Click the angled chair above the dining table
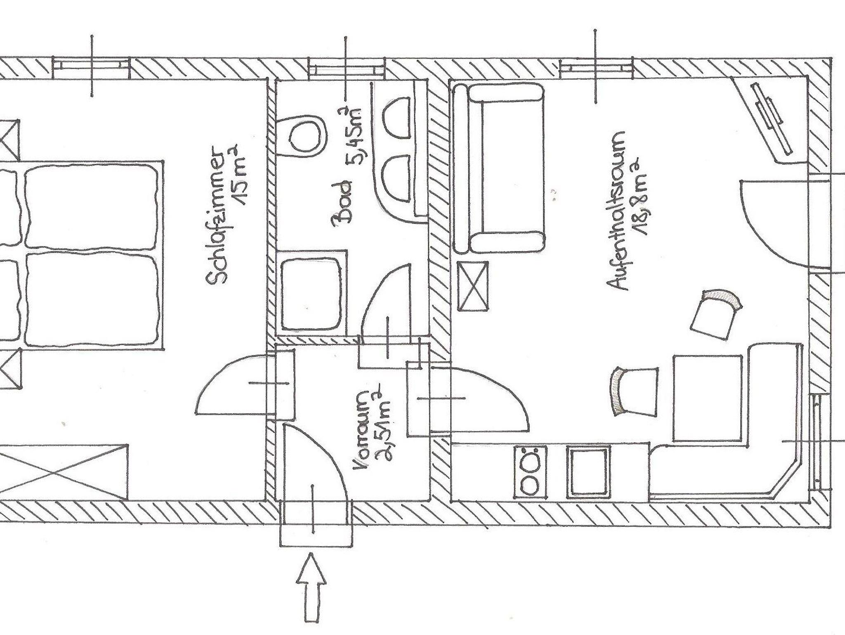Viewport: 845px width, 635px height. coord(715,313)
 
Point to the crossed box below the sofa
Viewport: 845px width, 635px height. coord(473,286)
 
